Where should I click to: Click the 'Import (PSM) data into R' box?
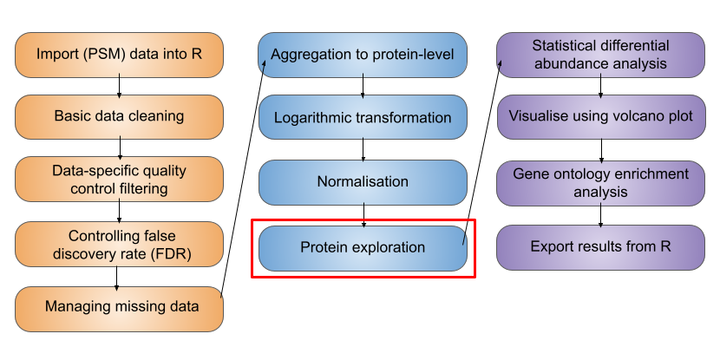click(x=120, y=55)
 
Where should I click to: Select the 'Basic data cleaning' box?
click(x=120, y=116)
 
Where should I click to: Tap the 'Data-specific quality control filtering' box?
click(x=120, y=179)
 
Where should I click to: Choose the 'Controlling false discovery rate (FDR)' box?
click(x=120, y=245)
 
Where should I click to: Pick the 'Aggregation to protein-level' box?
click(x=363, y=55)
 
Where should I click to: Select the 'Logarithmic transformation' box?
click(x=363, y=117)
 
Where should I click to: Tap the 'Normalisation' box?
click(x=363, y=182)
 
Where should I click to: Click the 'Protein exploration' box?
click(x=363, y=248)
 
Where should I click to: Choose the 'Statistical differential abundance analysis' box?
click(x=600, y=55)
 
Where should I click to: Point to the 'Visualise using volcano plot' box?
click(x=600, y=116)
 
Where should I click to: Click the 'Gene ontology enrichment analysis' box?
click(x=600, y=183)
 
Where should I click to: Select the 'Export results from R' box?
click(x=600, y=247)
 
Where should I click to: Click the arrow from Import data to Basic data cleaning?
click(x=119, y=86)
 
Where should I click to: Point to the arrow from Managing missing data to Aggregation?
click(x=242, y=180)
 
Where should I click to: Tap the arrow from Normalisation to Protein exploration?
click(x=363, y=215)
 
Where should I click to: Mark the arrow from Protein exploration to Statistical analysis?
click(x=481, y=154)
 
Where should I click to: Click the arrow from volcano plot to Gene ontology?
click(x=601, y=151)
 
